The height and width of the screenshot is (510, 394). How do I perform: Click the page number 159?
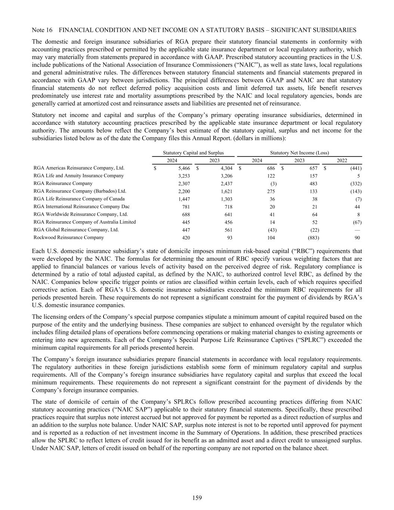pos(197,497)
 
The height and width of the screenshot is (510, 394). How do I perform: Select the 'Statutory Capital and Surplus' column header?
pos(193,153)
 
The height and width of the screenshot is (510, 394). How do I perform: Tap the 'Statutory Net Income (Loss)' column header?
pos(299,153)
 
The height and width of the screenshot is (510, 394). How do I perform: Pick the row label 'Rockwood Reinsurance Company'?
pos(69,238)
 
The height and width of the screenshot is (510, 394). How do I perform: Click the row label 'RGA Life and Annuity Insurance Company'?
pos(78,176)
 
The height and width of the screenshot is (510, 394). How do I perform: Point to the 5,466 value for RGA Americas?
pos(184,168)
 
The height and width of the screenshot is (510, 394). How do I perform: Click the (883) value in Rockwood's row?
pos(313,238)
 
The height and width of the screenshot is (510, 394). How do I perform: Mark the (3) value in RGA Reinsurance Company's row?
pos(274,183)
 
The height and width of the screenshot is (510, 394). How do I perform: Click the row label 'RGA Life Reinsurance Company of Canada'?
pos(79,199)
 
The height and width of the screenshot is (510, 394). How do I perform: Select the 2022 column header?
pos(342,160)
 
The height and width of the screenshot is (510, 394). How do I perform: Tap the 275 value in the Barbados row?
pos(271,191)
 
